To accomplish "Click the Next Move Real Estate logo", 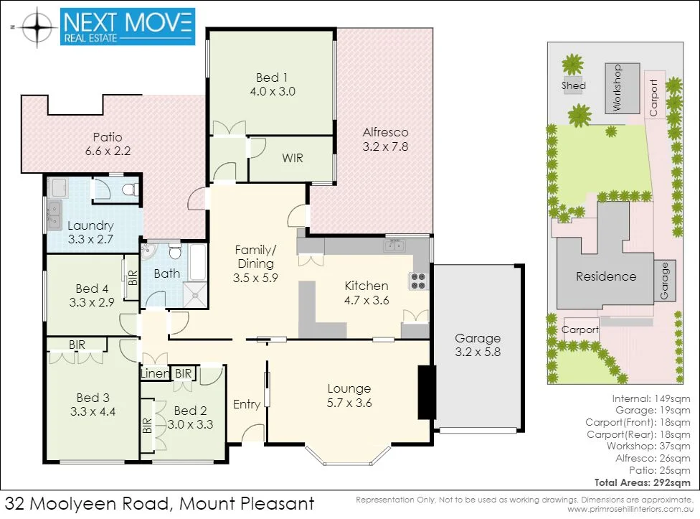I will coord(128,27).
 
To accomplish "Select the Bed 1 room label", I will coord(272,84).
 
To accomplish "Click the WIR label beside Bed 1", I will coord(292,157).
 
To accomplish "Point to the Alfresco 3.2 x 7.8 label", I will coord(385,139).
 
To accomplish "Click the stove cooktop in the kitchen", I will coord(418,281).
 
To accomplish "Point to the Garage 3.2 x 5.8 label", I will coord(478,345).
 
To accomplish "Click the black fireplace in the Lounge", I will coord(427,393).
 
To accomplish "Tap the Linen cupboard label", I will coord(156,374).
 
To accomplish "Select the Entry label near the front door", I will coord(247,404).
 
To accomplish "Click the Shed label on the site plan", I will coord(574,85).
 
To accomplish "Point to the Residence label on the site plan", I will coord(606,276).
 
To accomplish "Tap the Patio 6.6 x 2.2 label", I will coord(108,144).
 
